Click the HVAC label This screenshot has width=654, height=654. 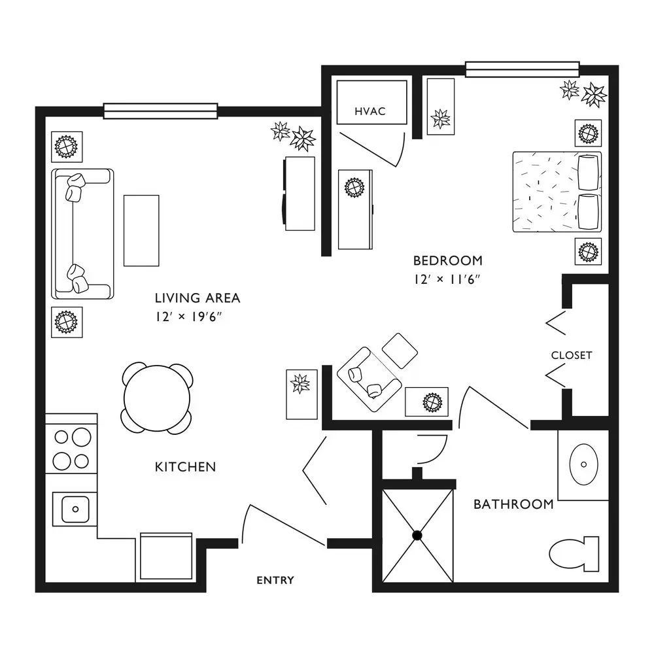pyautogui.click(x=370, y=111)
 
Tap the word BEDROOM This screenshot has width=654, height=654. pyautogui.click(x=447, y=261)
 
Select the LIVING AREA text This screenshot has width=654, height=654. pyautogui.click(x=198, y=298)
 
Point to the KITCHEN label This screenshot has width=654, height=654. pyautogui.click(x=185, y=467)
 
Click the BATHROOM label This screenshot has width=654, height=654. pyautogui.click(x=513, y=504)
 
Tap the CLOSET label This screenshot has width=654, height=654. pyautogui.click(x=572, y=355)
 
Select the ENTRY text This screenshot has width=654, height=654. pyautogui.click(x=275, y=580)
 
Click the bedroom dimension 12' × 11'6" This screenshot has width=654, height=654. pyautogui.click(x=447, y=279)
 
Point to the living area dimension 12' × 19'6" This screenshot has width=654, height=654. pyautogui.click(x=188, y=317)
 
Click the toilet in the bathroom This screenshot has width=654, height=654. pyautogui.click(x=574, y=554)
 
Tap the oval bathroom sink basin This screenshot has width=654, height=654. pyautogui.click(x=583, y=464)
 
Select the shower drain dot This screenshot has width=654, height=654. pyautogui.click(x=417, y=536)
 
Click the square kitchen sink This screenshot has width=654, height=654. pyautogui.click(x=75, y=509)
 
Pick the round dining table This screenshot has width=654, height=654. pyautogui.click(x=157, y=398)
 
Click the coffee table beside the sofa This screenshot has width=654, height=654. pyautogui.click(x=141, y=230)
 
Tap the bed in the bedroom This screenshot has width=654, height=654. pyautogui.click(x=557, y=192)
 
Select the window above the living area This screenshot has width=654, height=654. pyautogui.click(x=161, y=111)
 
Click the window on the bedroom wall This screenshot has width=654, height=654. pyautogui.click(x=522, y=69)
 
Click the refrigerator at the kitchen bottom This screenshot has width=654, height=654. pyautogui.click(x=166, y=556)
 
